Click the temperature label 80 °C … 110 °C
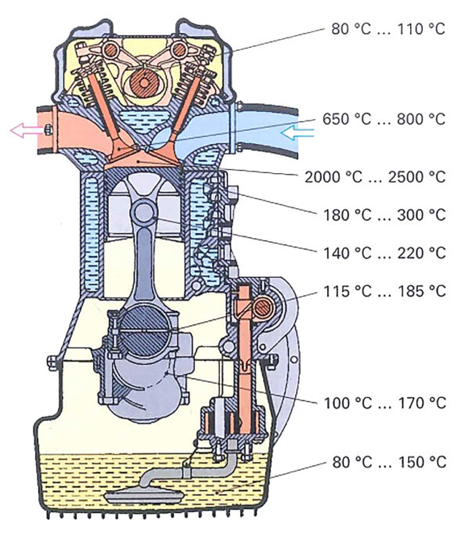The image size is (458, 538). coord(388,29)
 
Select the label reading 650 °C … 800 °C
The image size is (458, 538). coord(384,119)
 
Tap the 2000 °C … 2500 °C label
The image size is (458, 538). coord(375,177)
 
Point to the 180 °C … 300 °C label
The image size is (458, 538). coord(384,215)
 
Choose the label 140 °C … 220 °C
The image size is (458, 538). coord(384,253)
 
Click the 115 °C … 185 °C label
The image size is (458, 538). coord(384,291)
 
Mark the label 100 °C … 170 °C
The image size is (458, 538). coord(384,403)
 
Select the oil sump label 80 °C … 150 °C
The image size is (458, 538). coord(389,462)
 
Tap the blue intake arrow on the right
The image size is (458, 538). coord(297,132)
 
